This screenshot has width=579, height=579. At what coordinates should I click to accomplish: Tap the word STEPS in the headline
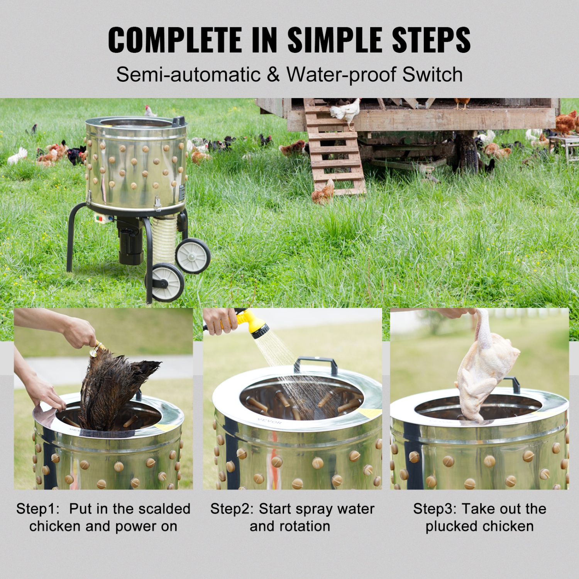pos(431,40)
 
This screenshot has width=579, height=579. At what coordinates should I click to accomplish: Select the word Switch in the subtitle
pos(432,74)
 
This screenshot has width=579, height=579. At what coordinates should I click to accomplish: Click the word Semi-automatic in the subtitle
pos(188,74)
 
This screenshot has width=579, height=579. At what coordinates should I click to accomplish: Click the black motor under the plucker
pos(130,241)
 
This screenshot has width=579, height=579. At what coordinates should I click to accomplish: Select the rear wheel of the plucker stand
pos(193,256)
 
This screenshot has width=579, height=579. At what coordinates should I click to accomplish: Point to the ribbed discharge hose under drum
pos(164,237)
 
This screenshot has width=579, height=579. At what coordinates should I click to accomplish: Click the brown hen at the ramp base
pos(323,192)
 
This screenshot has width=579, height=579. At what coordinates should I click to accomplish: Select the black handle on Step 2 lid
pos(315,364)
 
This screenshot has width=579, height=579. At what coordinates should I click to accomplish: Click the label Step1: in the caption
pos(38,509)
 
